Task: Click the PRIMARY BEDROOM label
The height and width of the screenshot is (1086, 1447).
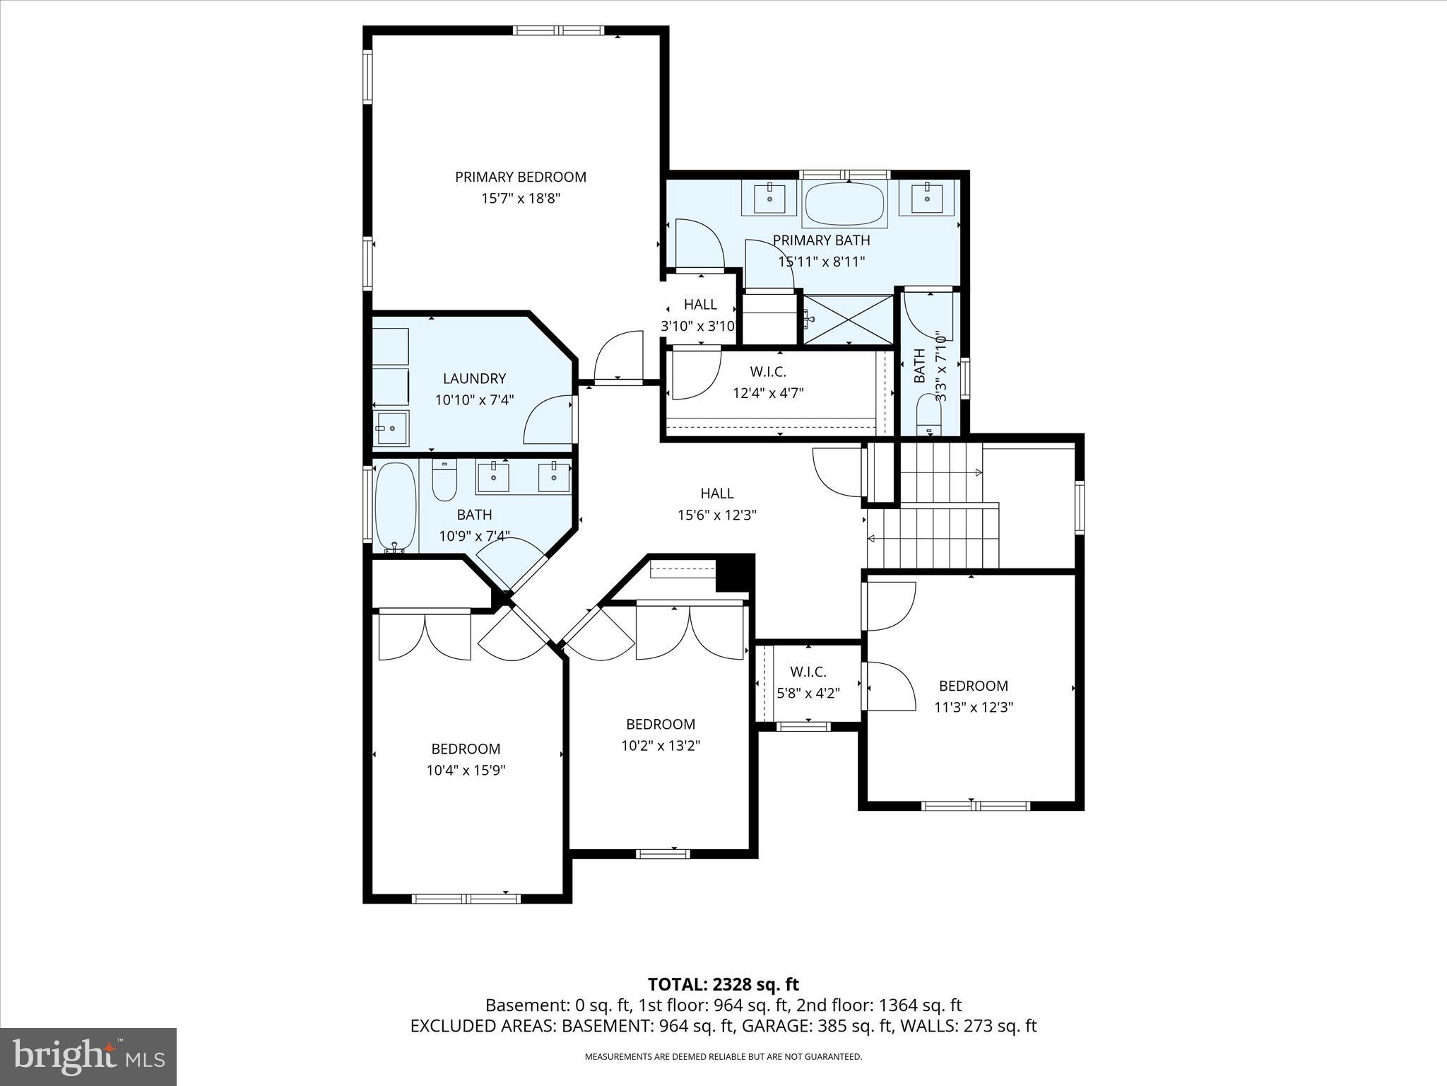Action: coord(520,177)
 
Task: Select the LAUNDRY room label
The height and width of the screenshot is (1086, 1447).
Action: coord(474,378)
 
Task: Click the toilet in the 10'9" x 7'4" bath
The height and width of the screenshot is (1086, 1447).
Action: coord(444,480)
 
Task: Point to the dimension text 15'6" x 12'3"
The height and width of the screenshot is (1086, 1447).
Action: coord(716,515)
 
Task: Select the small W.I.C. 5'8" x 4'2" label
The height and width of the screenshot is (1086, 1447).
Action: coord(808,682)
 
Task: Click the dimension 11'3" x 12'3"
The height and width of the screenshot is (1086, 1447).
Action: coord(973,707)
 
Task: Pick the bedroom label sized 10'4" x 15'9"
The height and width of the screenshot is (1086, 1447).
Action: coord(466,749)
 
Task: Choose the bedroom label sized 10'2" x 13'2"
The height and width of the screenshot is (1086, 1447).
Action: coord(661,724)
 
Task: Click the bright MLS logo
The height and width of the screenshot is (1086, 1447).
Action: coord(88,1056)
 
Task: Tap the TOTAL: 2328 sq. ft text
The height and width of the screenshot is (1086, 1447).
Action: coord(723,984)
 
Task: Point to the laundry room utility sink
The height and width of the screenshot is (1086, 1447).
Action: coord(391,428)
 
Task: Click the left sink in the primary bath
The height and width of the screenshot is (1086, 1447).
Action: coord(768,197)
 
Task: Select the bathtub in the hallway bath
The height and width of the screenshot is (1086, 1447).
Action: coord(396,506)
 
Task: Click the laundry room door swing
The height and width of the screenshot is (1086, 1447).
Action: coord(548,421)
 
